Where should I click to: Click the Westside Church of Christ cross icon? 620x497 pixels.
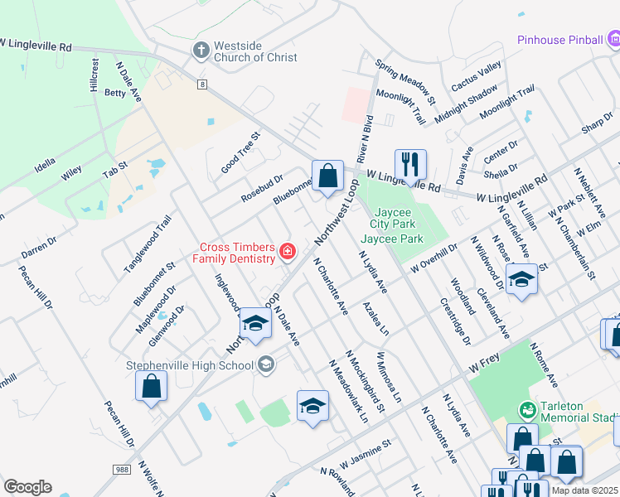200,51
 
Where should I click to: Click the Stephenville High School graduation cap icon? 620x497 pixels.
265,364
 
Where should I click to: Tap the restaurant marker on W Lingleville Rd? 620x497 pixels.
409,164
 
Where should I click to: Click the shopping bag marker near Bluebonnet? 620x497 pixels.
327,175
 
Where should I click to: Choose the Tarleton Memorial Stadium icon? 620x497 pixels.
526,409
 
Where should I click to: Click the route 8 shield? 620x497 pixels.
201,84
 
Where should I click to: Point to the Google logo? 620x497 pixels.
27,486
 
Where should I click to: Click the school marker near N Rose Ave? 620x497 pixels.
521,278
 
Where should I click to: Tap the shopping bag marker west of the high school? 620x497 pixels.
151,386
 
